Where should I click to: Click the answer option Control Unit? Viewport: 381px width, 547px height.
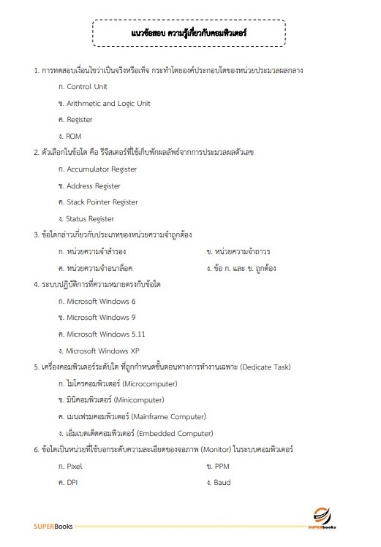(x=86, y=87)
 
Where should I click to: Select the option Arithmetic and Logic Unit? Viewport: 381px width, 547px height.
(x=108, y=103)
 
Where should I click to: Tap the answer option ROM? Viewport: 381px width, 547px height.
(x=74, y=136)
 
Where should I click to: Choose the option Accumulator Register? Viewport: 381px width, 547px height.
(x=102, y=169)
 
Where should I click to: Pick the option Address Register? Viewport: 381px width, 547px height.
(x=94, y=185)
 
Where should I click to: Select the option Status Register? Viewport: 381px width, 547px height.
(x=90, y=218)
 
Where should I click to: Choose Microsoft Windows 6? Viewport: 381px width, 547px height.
(x=101, y=301)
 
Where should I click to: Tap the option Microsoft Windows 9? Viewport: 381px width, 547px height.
(x=101, y=318)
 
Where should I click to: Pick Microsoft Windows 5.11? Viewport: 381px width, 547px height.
(x=105, y=334)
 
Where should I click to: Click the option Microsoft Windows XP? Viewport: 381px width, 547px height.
(x=102, y=351)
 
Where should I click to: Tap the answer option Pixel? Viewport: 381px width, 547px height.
(x=74, y=466)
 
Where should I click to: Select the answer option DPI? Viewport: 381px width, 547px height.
(x=72, y=482)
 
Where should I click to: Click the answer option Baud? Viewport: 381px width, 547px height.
(x=222, y=482)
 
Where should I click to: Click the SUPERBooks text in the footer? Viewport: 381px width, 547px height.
(x=53, y=527)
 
